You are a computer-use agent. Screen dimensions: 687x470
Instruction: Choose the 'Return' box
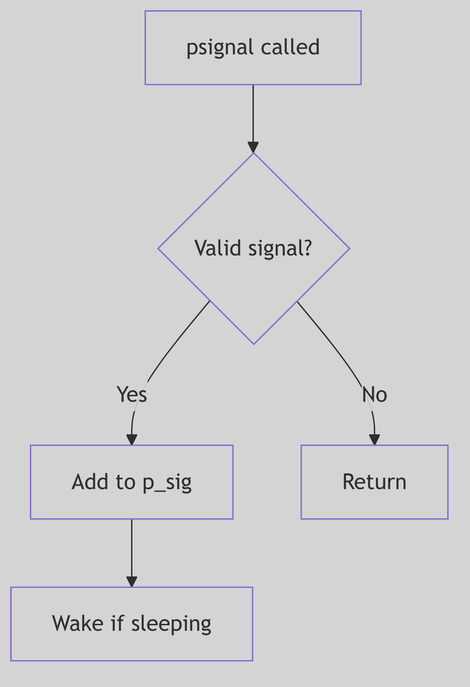click(x=374, y=482)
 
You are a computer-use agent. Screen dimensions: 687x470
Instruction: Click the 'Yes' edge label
click(x=132, y=394)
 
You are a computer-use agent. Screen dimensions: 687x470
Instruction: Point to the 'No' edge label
click(x=374, y=394)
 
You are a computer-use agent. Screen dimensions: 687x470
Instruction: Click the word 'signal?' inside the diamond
click(x=280, y=248)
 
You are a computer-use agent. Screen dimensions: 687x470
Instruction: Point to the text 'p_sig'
click(x=167, y=482)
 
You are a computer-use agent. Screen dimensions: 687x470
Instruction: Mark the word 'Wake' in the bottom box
click(x=78, y=623)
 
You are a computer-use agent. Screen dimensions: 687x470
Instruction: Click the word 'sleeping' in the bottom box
click(x=171, y=623)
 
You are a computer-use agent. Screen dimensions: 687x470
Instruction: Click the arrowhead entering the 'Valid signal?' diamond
click(x=253, y=147)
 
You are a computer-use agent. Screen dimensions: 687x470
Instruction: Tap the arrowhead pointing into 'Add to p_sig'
click(x=132, y=439)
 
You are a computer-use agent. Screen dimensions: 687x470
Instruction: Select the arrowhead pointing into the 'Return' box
click(x=374, y=439)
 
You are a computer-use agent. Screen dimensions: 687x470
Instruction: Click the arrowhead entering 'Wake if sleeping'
click(x=132, y=581)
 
